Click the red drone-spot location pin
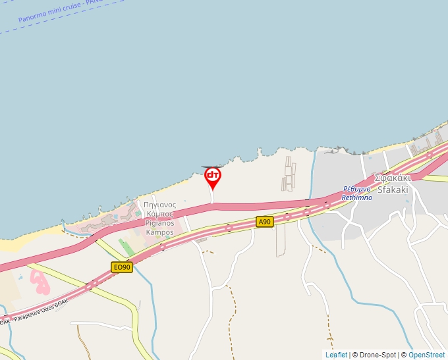point(212,176)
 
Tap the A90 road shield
point(265,222)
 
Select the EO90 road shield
point(122,267)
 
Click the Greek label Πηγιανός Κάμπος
point(159,209)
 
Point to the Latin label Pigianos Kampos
point(159,228)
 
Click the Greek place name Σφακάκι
point(393,178)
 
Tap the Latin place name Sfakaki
point(393,190)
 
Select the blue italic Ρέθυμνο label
point(356,189)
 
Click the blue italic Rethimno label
point(356,197)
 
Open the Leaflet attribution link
point(336,355)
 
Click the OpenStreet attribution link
point(426,355)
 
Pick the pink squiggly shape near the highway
point(40,282)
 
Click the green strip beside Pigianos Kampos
point(126,247)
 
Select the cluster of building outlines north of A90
point(289,172)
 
